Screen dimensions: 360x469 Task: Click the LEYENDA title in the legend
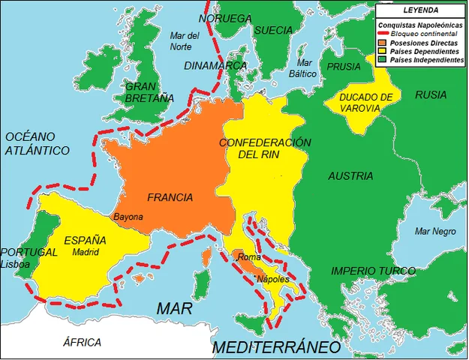(421, 10)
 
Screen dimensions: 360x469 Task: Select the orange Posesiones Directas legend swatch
(383, 43)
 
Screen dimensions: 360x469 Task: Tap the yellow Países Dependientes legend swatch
(383, 52)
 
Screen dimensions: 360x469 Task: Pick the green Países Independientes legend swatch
(383, 60)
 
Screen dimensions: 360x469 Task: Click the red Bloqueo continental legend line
(383, 34)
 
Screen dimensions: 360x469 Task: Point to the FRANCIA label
(170, 198)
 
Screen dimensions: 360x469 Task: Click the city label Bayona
(128, 217)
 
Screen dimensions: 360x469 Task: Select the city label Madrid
(86, 253)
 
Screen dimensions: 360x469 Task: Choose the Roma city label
(248, 257)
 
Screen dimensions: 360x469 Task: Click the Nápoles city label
(273, 279)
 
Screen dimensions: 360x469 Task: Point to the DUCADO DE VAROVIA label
(365, 103)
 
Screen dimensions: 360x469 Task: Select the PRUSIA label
(344, 66)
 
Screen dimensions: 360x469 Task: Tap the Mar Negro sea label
(435, 231)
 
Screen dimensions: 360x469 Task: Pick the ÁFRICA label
(82, 342)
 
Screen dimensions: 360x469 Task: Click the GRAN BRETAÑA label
(149, 91)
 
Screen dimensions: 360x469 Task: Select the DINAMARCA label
(215, 65)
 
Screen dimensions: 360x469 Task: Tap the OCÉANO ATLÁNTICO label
(37, 143)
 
